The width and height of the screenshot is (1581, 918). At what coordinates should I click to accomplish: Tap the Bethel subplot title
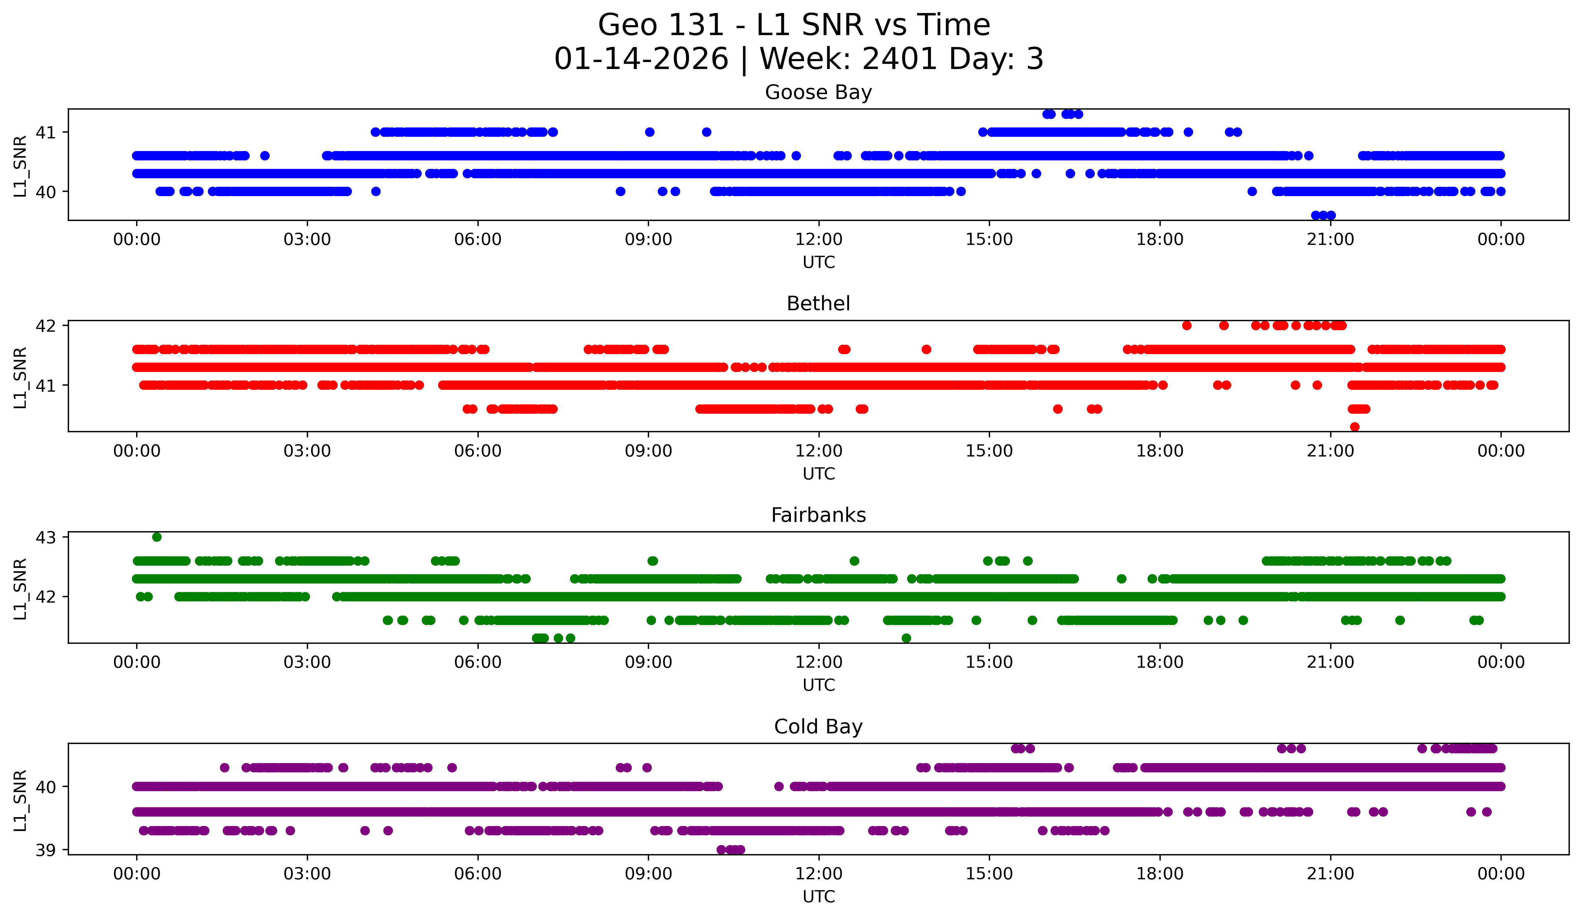click(x=818, y=304)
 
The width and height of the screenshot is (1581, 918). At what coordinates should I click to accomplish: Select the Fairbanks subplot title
click(x=818, y=515)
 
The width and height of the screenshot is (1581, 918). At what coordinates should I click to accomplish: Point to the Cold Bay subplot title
click(x=818, y=727)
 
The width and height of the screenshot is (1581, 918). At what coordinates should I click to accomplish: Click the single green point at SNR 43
click(x=157, y=537)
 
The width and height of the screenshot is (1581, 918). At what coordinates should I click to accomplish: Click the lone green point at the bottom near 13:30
click(x=906, y=638)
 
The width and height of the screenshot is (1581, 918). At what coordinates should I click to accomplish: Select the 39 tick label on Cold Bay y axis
click(x=46, y=850)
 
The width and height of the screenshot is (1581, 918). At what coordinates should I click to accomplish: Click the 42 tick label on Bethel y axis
click(x=46, y=326)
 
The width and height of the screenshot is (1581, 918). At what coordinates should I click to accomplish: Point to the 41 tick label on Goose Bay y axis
click(x=46, y=132)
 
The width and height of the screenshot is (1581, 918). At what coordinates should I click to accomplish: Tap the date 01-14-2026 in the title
click(x=641, y=59)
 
